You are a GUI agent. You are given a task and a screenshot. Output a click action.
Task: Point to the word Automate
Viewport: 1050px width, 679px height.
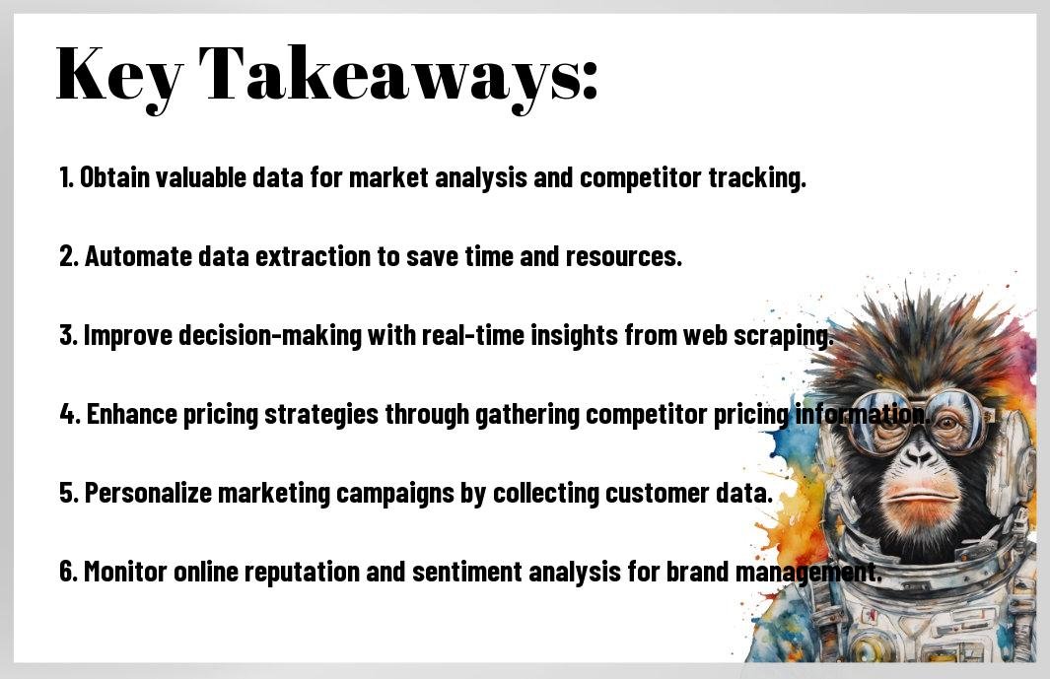[x=139, y=256]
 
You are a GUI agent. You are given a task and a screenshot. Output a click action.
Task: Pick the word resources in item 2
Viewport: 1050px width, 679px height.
[x=623, y=257]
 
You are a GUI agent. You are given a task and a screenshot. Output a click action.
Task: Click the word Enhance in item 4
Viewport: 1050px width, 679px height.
[x=131, y=414]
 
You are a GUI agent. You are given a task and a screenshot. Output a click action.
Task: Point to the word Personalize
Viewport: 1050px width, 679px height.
[x=148, y=493]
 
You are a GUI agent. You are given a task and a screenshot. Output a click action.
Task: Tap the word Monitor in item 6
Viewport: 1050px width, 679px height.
[x=125, y=572]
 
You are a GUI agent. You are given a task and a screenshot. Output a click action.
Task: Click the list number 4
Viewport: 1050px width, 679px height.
[x=68, y=414]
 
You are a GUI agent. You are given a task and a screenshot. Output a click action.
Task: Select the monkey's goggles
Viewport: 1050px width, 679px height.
[x=919, y=418]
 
